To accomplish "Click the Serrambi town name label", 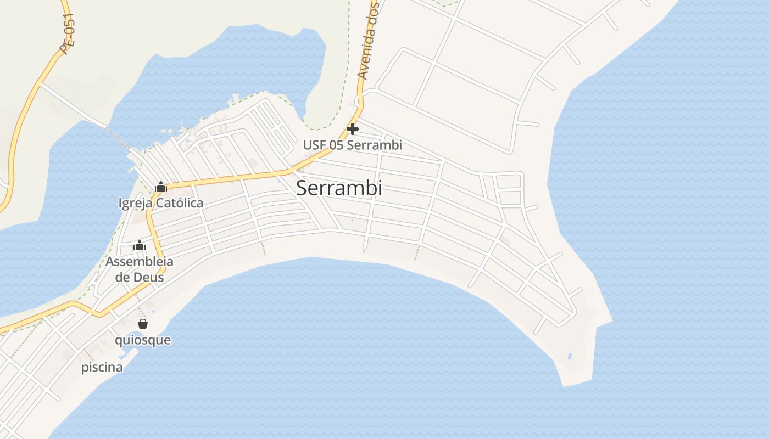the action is (338, 188).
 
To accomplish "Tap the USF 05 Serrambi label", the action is (352, 145).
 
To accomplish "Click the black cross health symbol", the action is (353, 129).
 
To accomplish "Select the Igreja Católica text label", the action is (160, 203).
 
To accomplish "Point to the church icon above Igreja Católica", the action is (160, 187).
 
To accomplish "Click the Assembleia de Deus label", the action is (139, 269).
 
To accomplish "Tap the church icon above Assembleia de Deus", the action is (140, 245).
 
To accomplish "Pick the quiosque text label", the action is (142, 340).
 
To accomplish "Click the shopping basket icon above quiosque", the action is (143, 324).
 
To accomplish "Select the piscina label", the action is (102, 368).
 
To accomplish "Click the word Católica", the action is (179, 203).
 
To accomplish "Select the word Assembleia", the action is (139, 262).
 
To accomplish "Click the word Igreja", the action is (135, 203).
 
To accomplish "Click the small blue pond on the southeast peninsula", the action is (570, 357).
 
